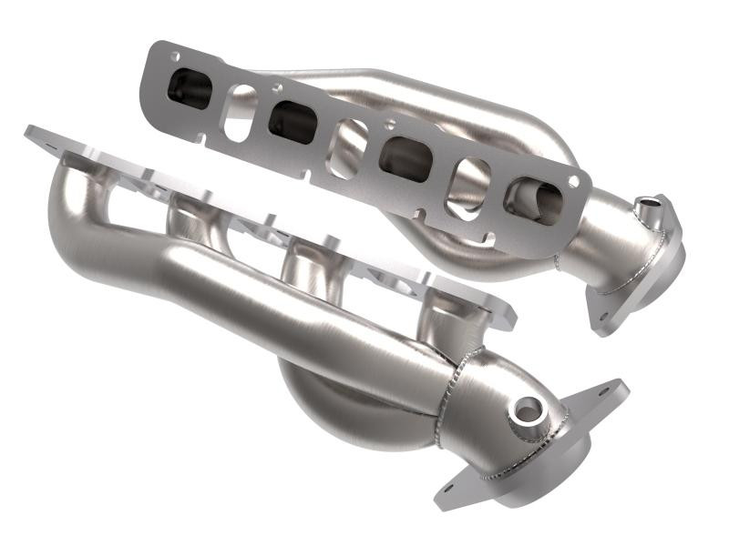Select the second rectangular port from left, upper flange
pos(293,119)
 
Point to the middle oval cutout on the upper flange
pos(349,138)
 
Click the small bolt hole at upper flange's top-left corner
pos(174,56)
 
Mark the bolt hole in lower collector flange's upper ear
pos(610,392)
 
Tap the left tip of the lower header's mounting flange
pos(32,132)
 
